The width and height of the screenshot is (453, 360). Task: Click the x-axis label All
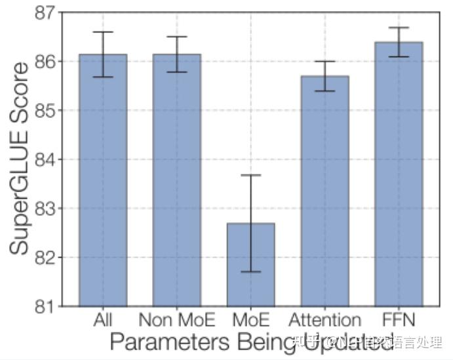click(x=103, y=321)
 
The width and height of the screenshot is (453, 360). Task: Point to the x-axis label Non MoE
click(x=176, y=321)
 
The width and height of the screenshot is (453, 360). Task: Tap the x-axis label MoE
click(x=250, y=321)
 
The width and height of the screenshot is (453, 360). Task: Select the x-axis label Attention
click(x=325, y=321)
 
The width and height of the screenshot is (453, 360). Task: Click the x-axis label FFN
click(x=398, y=321)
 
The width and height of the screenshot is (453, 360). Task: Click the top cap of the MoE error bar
click(x=250, y=175)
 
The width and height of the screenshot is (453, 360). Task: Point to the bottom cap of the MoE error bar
click(x=250, y=271)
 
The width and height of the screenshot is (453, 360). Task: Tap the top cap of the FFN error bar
click(x=398, y=28)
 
